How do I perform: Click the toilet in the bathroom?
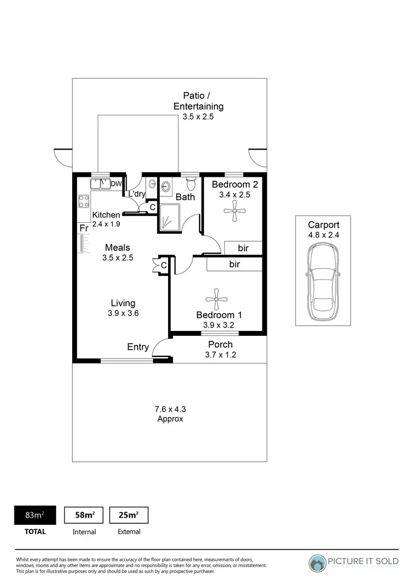191,183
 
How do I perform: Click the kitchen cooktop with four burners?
84,201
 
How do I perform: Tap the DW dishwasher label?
116,184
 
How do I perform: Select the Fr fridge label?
84,228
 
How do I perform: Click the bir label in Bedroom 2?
243,247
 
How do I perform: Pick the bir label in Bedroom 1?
234,264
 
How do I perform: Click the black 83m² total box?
35,515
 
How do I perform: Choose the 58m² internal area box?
84,515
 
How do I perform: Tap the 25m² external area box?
129,515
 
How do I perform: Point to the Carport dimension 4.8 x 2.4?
323,235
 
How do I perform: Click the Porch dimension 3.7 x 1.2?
220,355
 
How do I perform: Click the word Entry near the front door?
138,347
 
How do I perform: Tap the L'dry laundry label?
137,194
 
